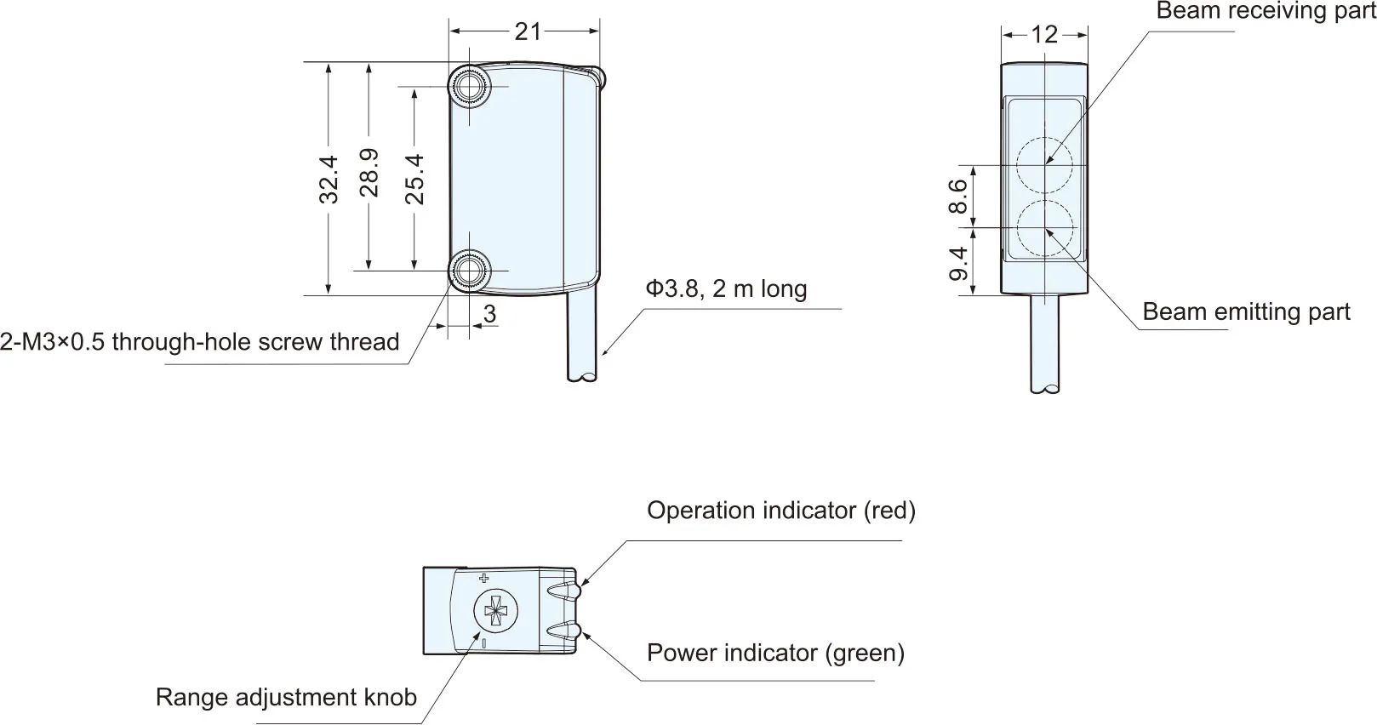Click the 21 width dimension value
click(x=528, y=32)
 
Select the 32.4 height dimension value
click(x=329, y=180)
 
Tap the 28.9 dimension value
click(x=369, y=173)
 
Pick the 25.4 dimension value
click(x=415, y=179)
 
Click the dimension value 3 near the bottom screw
click(x=489, y=314)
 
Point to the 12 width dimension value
click(x=1044, y=35)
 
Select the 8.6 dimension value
click(x=958, y=196)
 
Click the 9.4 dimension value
click(x=958, y=264)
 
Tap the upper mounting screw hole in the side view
click(x=470, y=86)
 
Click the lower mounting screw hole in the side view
click(x=470, y=271)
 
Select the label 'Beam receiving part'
click(x=1266, y=10)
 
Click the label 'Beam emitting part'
click(x=1246, y=312)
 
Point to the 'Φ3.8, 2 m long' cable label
click(x=726, y=288)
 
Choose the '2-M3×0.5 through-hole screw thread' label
click(x=200, y=341)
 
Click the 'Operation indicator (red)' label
click(x=781, y=511)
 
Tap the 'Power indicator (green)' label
click(x=776, y=653)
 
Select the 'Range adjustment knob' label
click(x=287, y=698)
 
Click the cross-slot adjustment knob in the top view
click(x=496, y=611)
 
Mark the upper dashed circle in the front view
click(x=1044, y=165)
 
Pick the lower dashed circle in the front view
click(x=1044, y=228)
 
